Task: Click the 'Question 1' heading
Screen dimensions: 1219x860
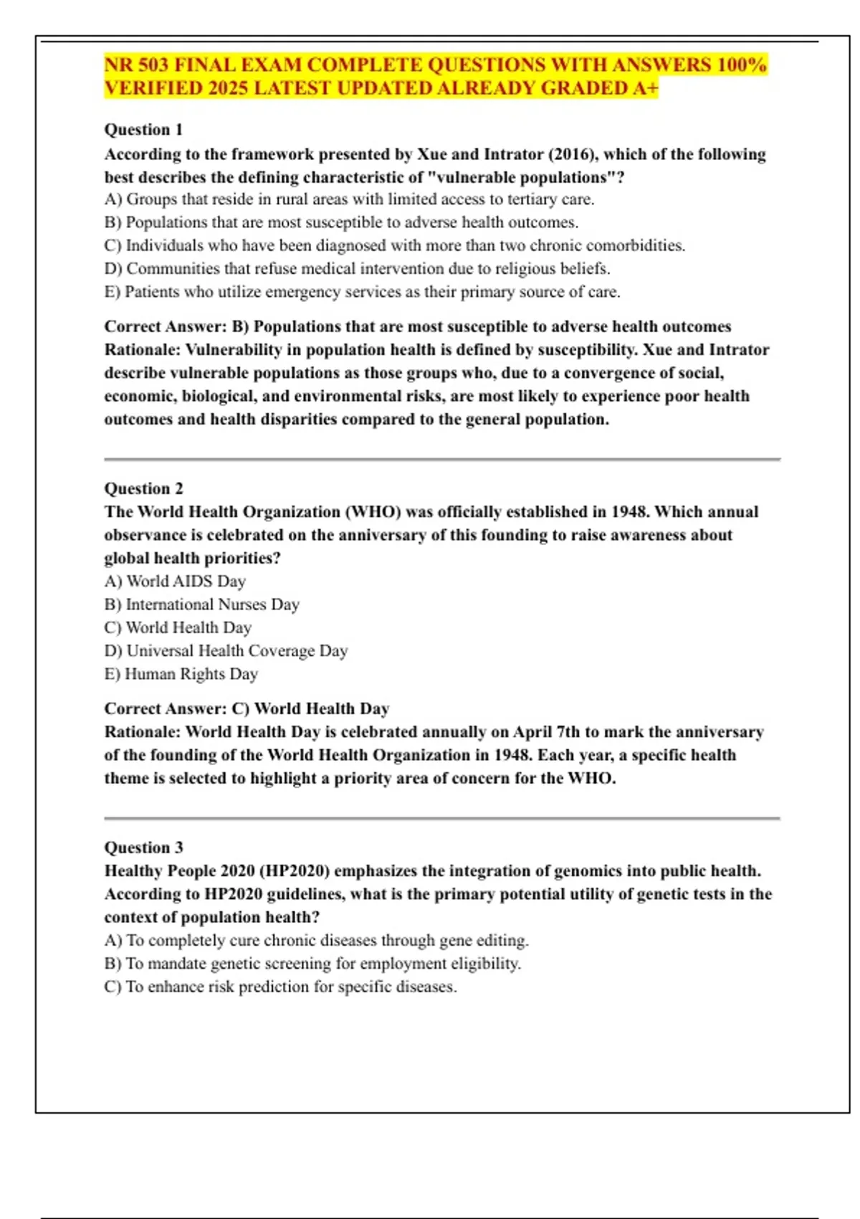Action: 143,130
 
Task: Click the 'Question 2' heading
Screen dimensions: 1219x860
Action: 143,488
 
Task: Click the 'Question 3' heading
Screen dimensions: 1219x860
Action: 143,848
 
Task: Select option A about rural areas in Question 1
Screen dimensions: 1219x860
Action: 349,199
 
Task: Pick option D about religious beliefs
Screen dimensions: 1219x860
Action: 357,269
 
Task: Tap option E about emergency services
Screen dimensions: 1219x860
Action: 362,292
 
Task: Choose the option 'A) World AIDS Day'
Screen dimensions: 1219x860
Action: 175,582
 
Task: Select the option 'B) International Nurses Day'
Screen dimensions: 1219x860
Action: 201,604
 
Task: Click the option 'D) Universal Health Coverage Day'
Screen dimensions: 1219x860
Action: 226,651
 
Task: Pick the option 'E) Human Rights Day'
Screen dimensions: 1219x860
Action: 181,674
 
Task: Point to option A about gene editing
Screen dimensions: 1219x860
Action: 316,940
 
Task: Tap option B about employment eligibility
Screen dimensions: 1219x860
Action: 312,964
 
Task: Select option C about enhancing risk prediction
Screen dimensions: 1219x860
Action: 280,987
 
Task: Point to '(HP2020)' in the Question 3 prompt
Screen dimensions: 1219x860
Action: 295,871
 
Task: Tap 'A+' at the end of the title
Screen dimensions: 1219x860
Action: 646,88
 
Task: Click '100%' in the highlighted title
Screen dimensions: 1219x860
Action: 742,65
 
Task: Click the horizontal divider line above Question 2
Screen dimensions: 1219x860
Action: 441,459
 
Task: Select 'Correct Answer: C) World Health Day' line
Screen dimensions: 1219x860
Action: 247,708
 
